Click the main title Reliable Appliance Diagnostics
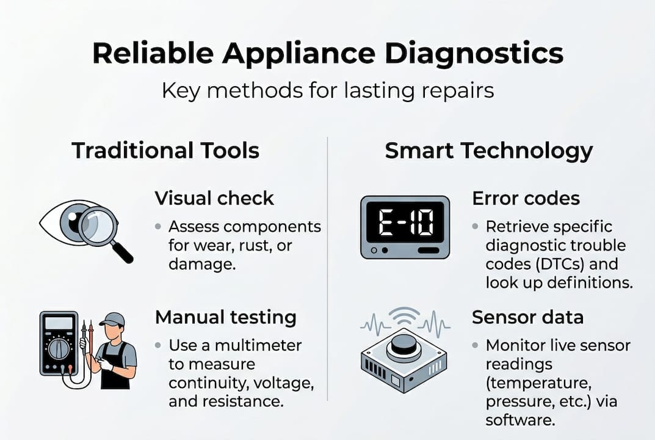click(327, 54)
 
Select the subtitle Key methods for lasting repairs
click(327, 90)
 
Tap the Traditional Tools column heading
click(165, 150)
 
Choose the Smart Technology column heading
click(488, 150)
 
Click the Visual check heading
click(214, 198)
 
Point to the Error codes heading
click(526, 198)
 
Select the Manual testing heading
click(225, 317)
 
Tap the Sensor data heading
click(527, 317)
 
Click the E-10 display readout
click(405, 224)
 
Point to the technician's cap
click(112, 320)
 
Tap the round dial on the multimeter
click(59, 349)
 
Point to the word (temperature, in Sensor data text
click(534, 383)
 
